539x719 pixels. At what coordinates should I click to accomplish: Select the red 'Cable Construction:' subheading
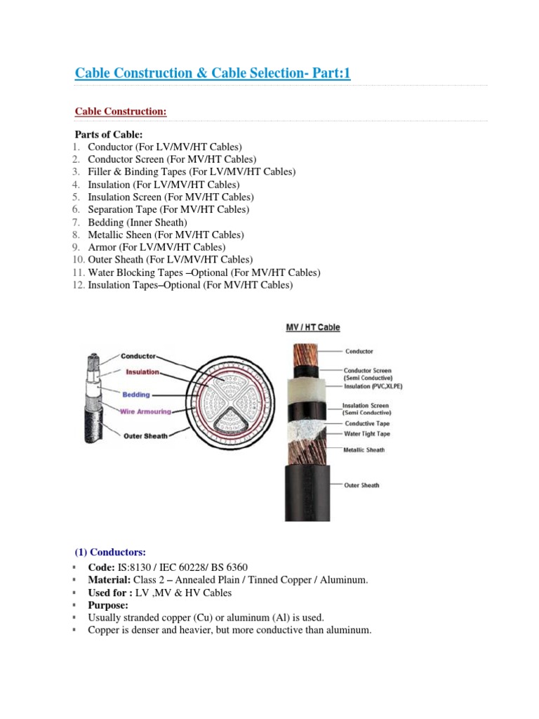tap(121, 112)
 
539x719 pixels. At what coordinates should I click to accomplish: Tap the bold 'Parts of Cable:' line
tap(109, 134)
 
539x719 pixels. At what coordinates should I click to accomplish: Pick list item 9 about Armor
tap(157, 247)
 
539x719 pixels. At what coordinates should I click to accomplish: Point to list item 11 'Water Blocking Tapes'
tap(204, 272)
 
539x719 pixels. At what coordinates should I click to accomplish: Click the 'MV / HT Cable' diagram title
tap(313, 328)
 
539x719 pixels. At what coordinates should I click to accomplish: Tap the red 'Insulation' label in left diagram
tap(142, 371)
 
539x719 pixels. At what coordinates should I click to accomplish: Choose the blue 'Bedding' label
tap(136, 395)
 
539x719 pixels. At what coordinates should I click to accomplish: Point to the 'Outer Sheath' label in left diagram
tap(145, 436)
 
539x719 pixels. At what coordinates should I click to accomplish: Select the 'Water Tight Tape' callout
tap(367, 434)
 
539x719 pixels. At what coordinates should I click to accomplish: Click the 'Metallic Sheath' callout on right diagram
tap(364, 450)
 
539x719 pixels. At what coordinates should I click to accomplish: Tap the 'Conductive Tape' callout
tap(367, 423)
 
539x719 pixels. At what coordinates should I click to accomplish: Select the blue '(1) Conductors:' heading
tap(111, 552)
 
